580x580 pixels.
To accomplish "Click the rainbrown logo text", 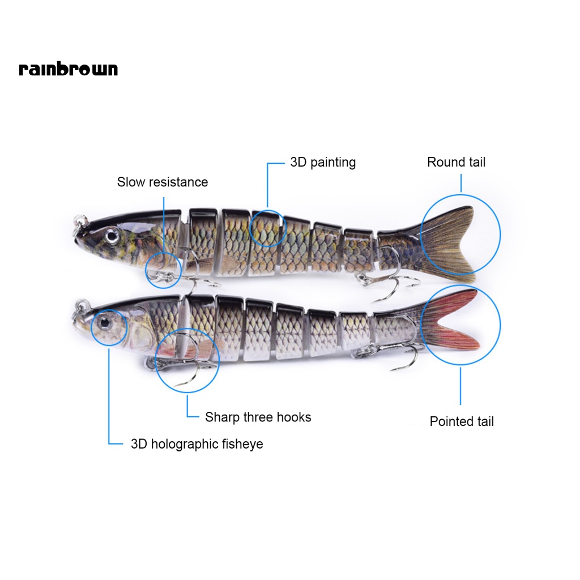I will (x=68, y=69).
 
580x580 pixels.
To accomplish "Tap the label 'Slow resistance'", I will (x=163, y=182).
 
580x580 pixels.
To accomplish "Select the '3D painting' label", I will (x=323, y=163).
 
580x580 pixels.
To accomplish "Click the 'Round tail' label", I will (x=456, y=163).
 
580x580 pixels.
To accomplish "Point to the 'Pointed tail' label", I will (x=462, y=421).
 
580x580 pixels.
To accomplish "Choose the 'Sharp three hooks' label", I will (x=258, y=417).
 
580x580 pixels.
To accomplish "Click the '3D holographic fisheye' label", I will (x=197, y=444).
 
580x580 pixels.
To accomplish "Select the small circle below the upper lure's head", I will (x=163, y=270).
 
